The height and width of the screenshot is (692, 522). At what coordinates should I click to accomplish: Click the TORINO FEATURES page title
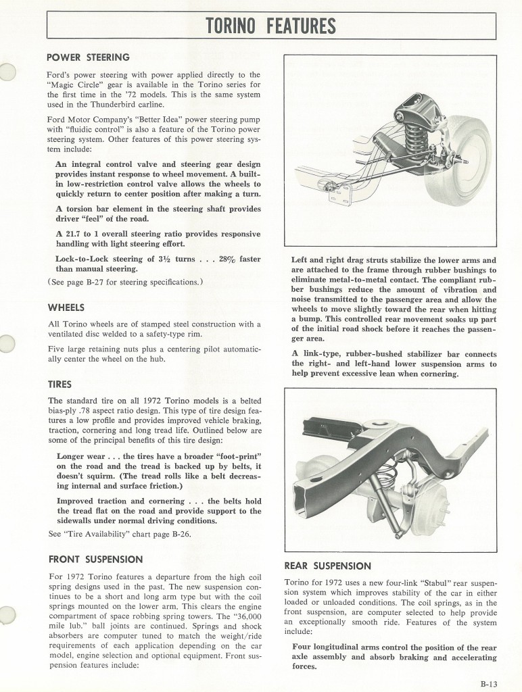271,26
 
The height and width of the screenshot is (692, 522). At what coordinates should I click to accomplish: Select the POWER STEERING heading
89,57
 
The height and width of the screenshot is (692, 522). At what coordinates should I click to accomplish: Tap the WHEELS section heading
66,307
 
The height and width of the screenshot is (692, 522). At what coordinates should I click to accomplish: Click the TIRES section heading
60,384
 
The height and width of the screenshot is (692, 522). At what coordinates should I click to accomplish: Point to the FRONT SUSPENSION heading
95,560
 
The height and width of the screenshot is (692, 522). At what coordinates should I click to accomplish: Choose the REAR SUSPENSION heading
328,566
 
